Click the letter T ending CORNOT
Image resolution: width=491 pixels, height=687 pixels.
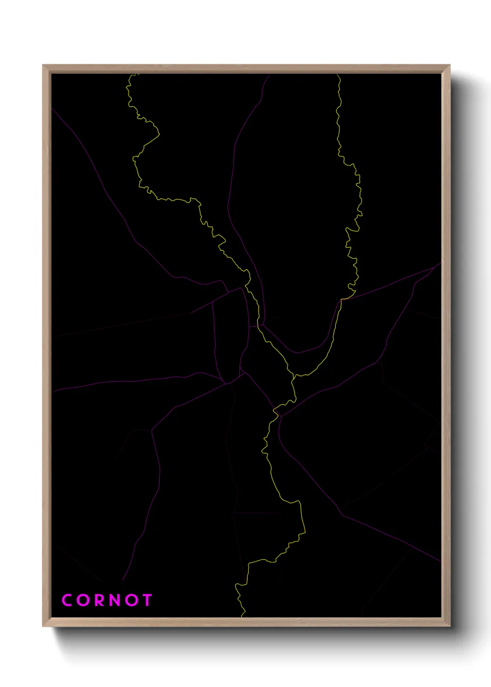(148, 600)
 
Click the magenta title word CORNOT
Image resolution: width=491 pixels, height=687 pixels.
(107, 600)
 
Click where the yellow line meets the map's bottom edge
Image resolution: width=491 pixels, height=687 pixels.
(243, 616)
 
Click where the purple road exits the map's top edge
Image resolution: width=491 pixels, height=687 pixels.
(270, 74)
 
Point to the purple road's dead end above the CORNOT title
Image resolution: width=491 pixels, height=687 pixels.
(123, 581)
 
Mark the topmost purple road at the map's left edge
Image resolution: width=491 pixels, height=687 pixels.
(52, 109)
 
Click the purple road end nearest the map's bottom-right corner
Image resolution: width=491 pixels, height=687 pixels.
(440, 562)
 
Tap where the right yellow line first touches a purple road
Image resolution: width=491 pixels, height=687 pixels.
(341, 300)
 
